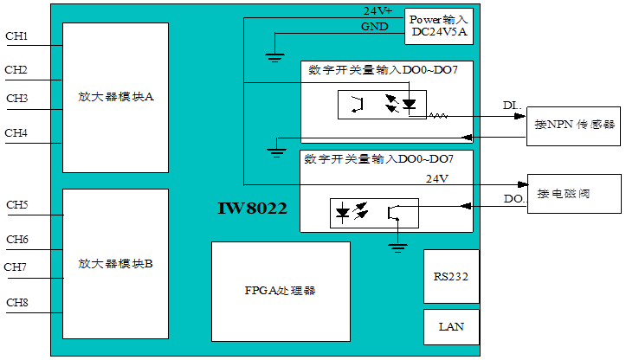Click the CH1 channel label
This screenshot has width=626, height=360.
pyautogui.click(x=16, y=36)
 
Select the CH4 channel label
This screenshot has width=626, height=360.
pyautogui.click(x=16, y=133)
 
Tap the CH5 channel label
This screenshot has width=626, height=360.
pyautogui.click(x=17, y=205)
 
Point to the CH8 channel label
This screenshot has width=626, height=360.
pyautogui.click(x=17, y=302)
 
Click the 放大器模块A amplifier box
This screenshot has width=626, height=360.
pyautogui.click(x=115, y=97)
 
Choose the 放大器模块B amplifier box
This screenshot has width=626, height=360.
pyautogui.click(x=115, y=263)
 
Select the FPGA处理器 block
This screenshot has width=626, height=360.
pyautogui.click(x=281, y=291)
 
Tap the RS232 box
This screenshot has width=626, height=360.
pyautogui.click(x=450, y=277)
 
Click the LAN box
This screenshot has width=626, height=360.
pyautogui.click(x=451, y=326)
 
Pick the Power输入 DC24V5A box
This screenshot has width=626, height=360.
pyautogui.click(x=438, y=26)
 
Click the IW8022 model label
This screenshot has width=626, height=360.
pyautogui.click(x=252, y=209)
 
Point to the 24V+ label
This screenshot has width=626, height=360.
pyautogui.click(x=378, y=10)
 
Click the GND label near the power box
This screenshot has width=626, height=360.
pyautogui.click(x=374, y=27)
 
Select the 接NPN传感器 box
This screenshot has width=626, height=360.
pyautogui.click(x=575, y=125)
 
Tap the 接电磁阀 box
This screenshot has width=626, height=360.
pyautogui.click(x=575, y=193)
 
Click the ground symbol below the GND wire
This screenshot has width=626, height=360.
pyautogui.click(x=274, y=59)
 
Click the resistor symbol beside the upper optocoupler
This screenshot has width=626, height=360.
pyautogui.click(x=436, y=115)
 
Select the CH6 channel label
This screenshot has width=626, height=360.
pyautogui.click(x=17, y=240)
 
